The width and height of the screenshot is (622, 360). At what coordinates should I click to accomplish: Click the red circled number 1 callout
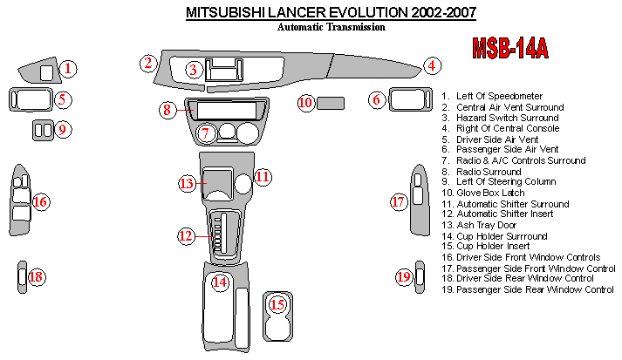point(69,68)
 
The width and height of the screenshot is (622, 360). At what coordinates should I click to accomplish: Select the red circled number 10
point(305,103)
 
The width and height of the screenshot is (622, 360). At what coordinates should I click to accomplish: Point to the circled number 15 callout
point(277,305)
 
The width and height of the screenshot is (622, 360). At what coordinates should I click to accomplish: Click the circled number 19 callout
point(403,277)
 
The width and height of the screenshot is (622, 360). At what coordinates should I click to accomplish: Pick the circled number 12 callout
point(186,235)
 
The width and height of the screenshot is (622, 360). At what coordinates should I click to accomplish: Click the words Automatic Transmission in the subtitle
point(332,27)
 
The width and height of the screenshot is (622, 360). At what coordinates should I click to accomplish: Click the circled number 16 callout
point(40,202)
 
